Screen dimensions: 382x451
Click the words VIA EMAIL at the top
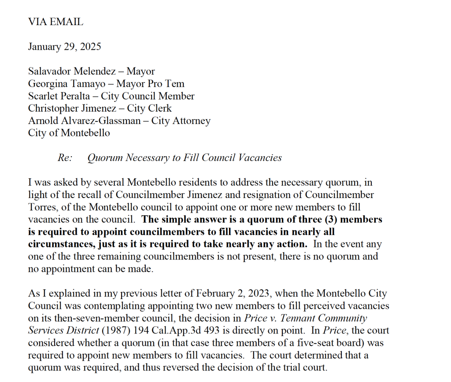tap(55, 22)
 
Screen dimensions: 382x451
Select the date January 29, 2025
tap(64, 46)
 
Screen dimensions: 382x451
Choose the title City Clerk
tap(150, 108)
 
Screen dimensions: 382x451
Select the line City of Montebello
tap(69, 133)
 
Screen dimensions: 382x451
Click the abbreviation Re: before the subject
tap(65, 157)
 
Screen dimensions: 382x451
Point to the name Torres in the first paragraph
tap(42, 207)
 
